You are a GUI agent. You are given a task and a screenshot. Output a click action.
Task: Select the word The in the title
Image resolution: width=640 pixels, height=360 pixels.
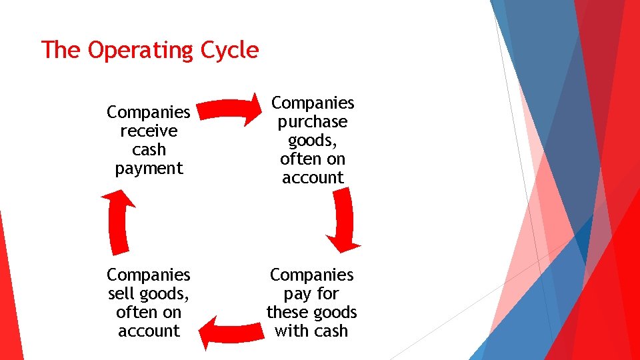point(61,50)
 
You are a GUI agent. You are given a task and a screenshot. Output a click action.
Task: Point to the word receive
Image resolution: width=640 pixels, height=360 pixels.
point(149,131)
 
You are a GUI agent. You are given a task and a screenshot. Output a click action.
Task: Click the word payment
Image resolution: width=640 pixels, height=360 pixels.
point(149,169)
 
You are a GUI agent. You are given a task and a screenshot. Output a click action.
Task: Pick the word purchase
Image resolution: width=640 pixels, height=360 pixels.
point(313,122)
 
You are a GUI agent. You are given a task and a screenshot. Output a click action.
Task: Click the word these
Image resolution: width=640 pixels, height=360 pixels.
point(288,312)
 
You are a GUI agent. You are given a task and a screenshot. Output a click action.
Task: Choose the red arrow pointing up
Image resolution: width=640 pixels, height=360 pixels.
point(118,220)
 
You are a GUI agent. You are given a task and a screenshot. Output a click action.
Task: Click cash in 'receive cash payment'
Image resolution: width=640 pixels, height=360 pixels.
point(149,150)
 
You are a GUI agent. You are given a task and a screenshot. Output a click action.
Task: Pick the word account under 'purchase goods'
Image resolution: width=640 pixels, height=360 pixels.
point(313,178)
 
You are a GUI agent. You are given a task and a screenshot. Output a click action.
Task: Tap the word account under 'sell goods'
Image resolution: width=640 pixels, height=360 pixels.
point(149,331)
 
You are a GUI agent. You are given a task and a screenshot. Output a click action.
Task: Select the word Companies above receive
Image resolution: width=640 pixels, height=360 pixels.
point(149,112)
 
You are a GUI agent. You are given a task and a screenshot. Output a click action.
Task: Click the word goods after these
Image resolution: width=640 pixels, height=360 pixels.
point(335,312)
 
